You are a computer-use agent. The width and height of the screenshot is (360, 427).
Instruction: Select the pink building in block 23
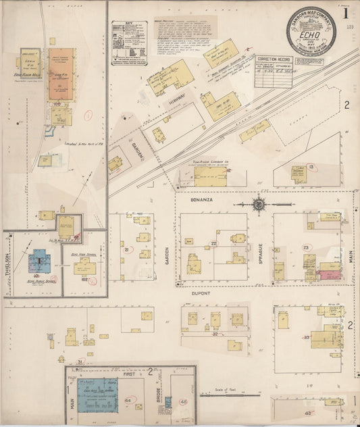(x=329, y=275)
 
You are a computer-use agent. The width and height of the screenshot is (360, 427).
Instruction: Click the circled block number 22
(x=214, y=244)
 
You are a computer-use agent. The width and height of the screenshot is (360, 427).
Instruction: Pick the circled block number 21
(x=126, y=250)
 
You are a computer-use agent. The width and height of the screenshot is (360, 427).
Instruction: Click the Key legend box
(x=129, y=43)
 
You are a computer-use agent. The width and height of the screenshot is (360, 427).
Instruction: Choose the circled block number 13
(x=311, y=166)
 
